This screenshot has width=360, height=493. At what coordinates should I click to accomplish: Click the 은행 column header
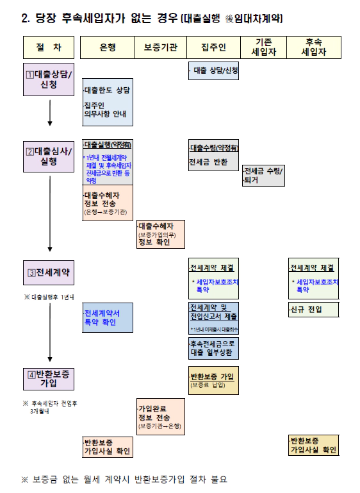click(108, 47)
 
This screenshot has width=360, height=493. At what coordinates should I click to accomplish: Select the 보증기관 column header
click(160, 47)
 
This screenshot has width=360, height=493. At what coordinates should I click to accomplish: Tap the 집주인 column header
click(213, 47)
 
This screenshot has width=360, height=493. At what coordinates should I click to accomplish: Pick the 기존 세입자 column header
click(263, 47)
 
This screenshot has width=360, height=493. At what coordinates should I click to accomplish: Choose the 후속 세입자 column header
click(314, 47)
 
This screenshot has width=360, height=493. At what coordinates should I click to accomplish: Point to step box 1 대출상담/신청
click(49, 79)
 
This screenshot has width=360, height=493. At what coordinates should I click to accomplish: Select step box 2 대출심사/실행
click(49, 156)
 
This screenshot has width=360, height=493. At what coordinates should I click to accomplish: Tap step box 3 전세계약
click(49, 272)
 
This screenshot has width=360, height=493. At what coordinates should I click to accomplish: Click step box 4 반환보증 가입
click(49, 378)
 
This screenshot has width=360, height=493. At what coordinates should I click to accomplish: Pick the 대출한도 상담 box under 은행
click(108, 103)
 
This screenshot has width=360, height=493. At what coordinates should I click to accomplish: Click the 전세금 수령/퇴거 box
click(263, 176)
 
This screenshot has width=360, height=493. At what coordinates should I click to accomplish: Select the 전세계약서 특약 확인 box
click(108, 317)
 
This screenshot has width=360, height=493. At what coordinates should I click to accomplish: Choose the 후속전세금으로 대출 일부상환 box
click(213, 348)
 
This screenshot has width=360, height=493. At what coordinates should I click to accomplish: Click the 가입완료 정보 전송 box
click(160, 417)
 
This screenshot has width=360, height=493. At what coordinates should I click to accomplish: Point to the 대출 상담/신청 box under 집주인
click(213, 71)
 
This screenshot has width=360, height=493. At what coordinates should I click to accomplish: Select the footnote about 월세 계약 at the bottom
click(124, 479)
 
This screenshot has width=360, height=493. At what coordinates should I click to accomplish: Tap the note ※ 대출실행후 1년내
click(49, 297)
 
